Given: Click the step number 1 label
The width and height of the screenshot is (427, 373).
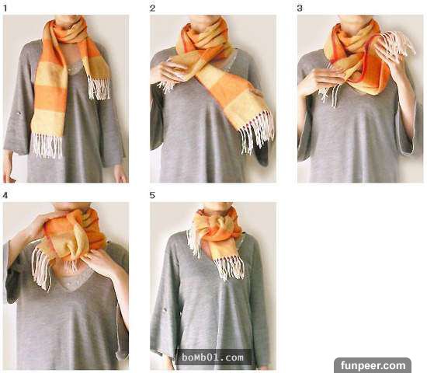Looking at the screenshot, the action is [5, 9].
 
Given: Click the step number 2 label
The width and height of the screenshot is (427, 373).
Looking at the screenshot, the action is [152, 9].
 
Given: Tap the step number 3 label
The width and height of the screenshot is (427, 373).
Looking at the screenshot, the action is [300, 9].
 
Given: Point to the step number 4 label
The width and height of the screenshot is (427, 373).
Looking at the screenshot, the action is [5, 195].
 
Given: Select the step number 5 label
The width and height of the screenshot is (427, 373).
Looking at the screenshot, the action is [152, 195].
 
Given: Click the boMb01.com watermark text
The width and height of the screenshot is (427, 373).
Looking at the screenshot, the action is [213, 357].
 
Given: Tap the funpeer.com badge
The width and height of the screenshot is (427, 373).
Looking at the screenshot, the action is [373, 365].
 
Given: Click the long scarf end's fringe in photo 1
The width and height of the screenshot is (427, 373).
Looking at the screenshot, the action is [47, 145].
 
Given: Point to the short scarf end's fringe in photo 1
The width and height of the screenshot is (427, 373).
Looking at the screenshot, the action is [99, 88].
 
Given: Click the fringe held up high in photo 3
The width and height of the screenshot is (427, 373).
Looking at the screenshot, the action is [398, 43].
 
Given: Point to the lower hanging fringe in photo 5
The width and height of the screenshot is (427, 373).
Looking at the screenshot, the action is [230, 268].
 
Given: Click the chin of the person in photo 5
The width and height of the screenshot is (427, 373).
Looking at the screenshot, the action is [218, 206].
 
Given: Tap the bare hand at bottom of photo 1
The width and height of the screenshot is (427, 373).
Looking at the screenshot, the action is [120, 175].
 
